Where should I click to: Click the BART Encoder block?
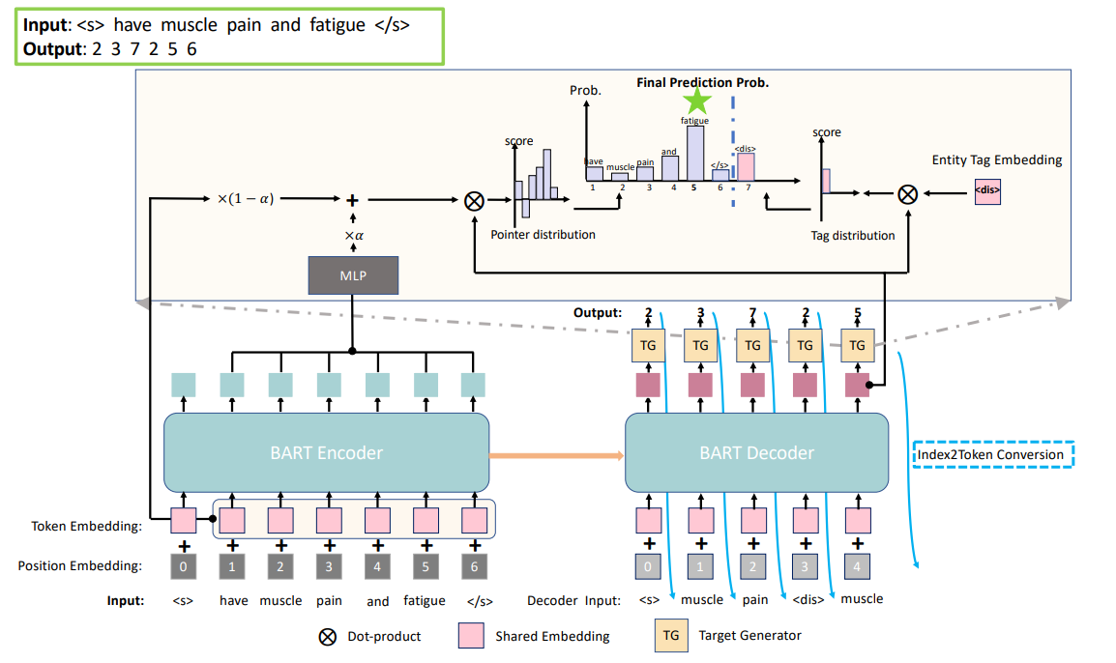327,452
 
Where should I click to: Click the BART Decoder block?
756,452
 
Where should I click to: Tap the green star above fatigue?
696,101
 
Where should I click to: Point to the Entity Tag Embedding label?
996,159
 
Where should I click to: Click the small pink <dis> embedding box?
987,190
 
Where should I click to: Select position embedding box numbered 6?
474,565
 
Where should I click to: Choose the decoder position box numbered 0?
648,565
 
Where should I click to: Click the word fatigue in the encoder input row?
425,600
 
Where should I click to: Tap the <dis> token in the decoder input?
808,599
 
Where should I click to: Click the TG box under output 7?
753,345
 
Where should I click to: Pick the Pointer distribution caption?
543,235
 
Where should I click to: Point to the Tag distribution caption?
852,235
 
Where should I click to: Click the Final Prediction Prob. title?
702,83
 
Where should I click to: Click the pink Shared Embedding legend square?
470,635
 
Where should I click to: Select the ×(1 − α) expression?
245,199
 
